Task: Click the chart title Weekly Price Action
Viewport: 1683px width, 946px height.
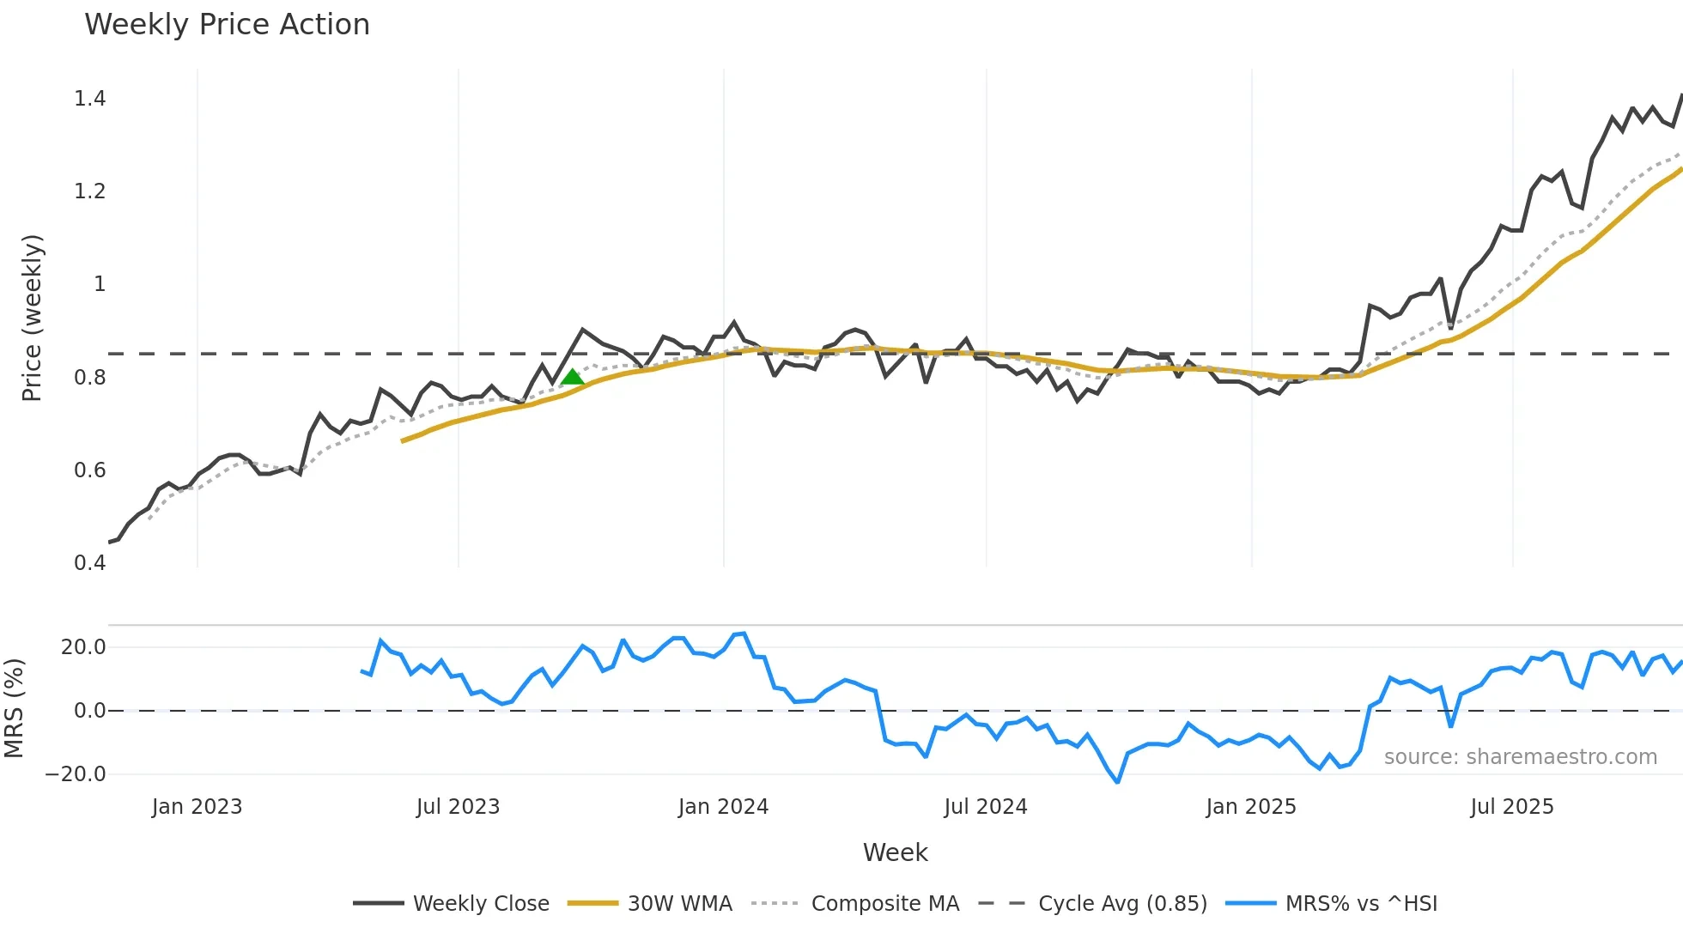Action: (x=227, y=25)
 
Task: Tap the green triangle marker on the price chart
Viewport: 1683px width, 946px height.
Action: (x=572, y=377)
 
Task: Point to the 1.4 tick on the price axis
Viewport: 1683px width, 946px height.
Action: (x=89, y=99)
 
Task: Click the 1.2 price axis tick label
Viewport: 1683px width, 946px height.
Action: (x=89, y=191)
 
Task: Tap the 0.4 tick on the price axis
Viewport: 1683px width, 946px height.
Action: (x=89, y=563)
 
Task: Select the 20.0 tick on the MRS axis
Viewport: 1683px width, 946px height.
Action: (x=83, y=647)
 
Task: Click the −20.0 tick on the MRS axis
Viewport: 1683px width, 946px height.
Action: (x=76, y=774)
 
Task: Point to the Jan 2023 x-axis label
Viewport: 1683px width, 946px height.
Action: (x=197, y=807)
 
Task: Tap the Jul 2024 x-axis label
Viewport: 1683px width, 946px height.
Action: (x=985, y=807)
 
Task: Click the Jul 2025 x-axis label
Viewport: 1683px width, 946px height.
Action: (x=1511, y=807)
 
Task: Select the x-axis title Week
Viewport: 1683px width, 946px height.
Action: (x=895, y=852)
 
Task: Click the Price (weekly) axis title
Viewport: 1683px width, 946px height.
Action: (x=32, y=318)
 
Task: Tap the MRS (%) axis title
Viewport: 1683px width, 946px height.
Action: (x=14, y=708)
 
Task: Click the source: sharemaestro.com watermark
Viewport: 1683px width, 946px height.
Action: (x=1520, y=757)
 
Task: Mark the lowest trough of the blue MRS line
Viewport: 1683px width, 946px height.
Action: (x=1117, y=782)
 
